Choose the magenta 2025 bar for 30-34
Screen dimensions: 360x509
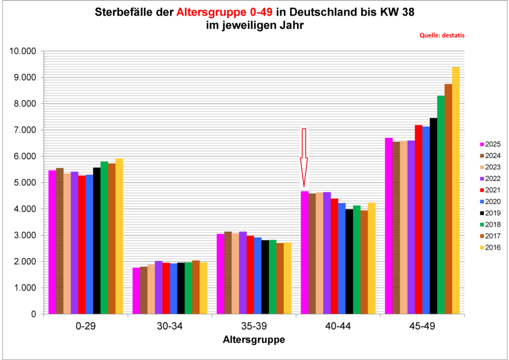click(x=136, y=291)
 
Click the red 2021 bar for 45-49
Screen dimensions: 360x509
click(x=419, y=219)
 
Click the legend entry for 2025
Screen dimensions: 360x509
click(x=490, y=144)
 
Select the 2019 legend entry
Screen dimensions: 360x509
click(x=490, y=213)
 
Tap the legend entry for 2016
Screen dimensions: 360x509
click(x=490, y=247)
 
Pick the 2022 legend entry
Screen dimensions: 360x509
click(x=490, y=179)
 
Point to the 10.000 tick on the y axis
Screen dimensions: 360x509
click(x=23, y=51)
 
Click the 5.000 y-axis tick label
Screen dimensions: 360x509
click(x=25, y=182)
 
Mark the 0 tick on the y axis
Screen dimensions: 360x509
click(x=34, y=314)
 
